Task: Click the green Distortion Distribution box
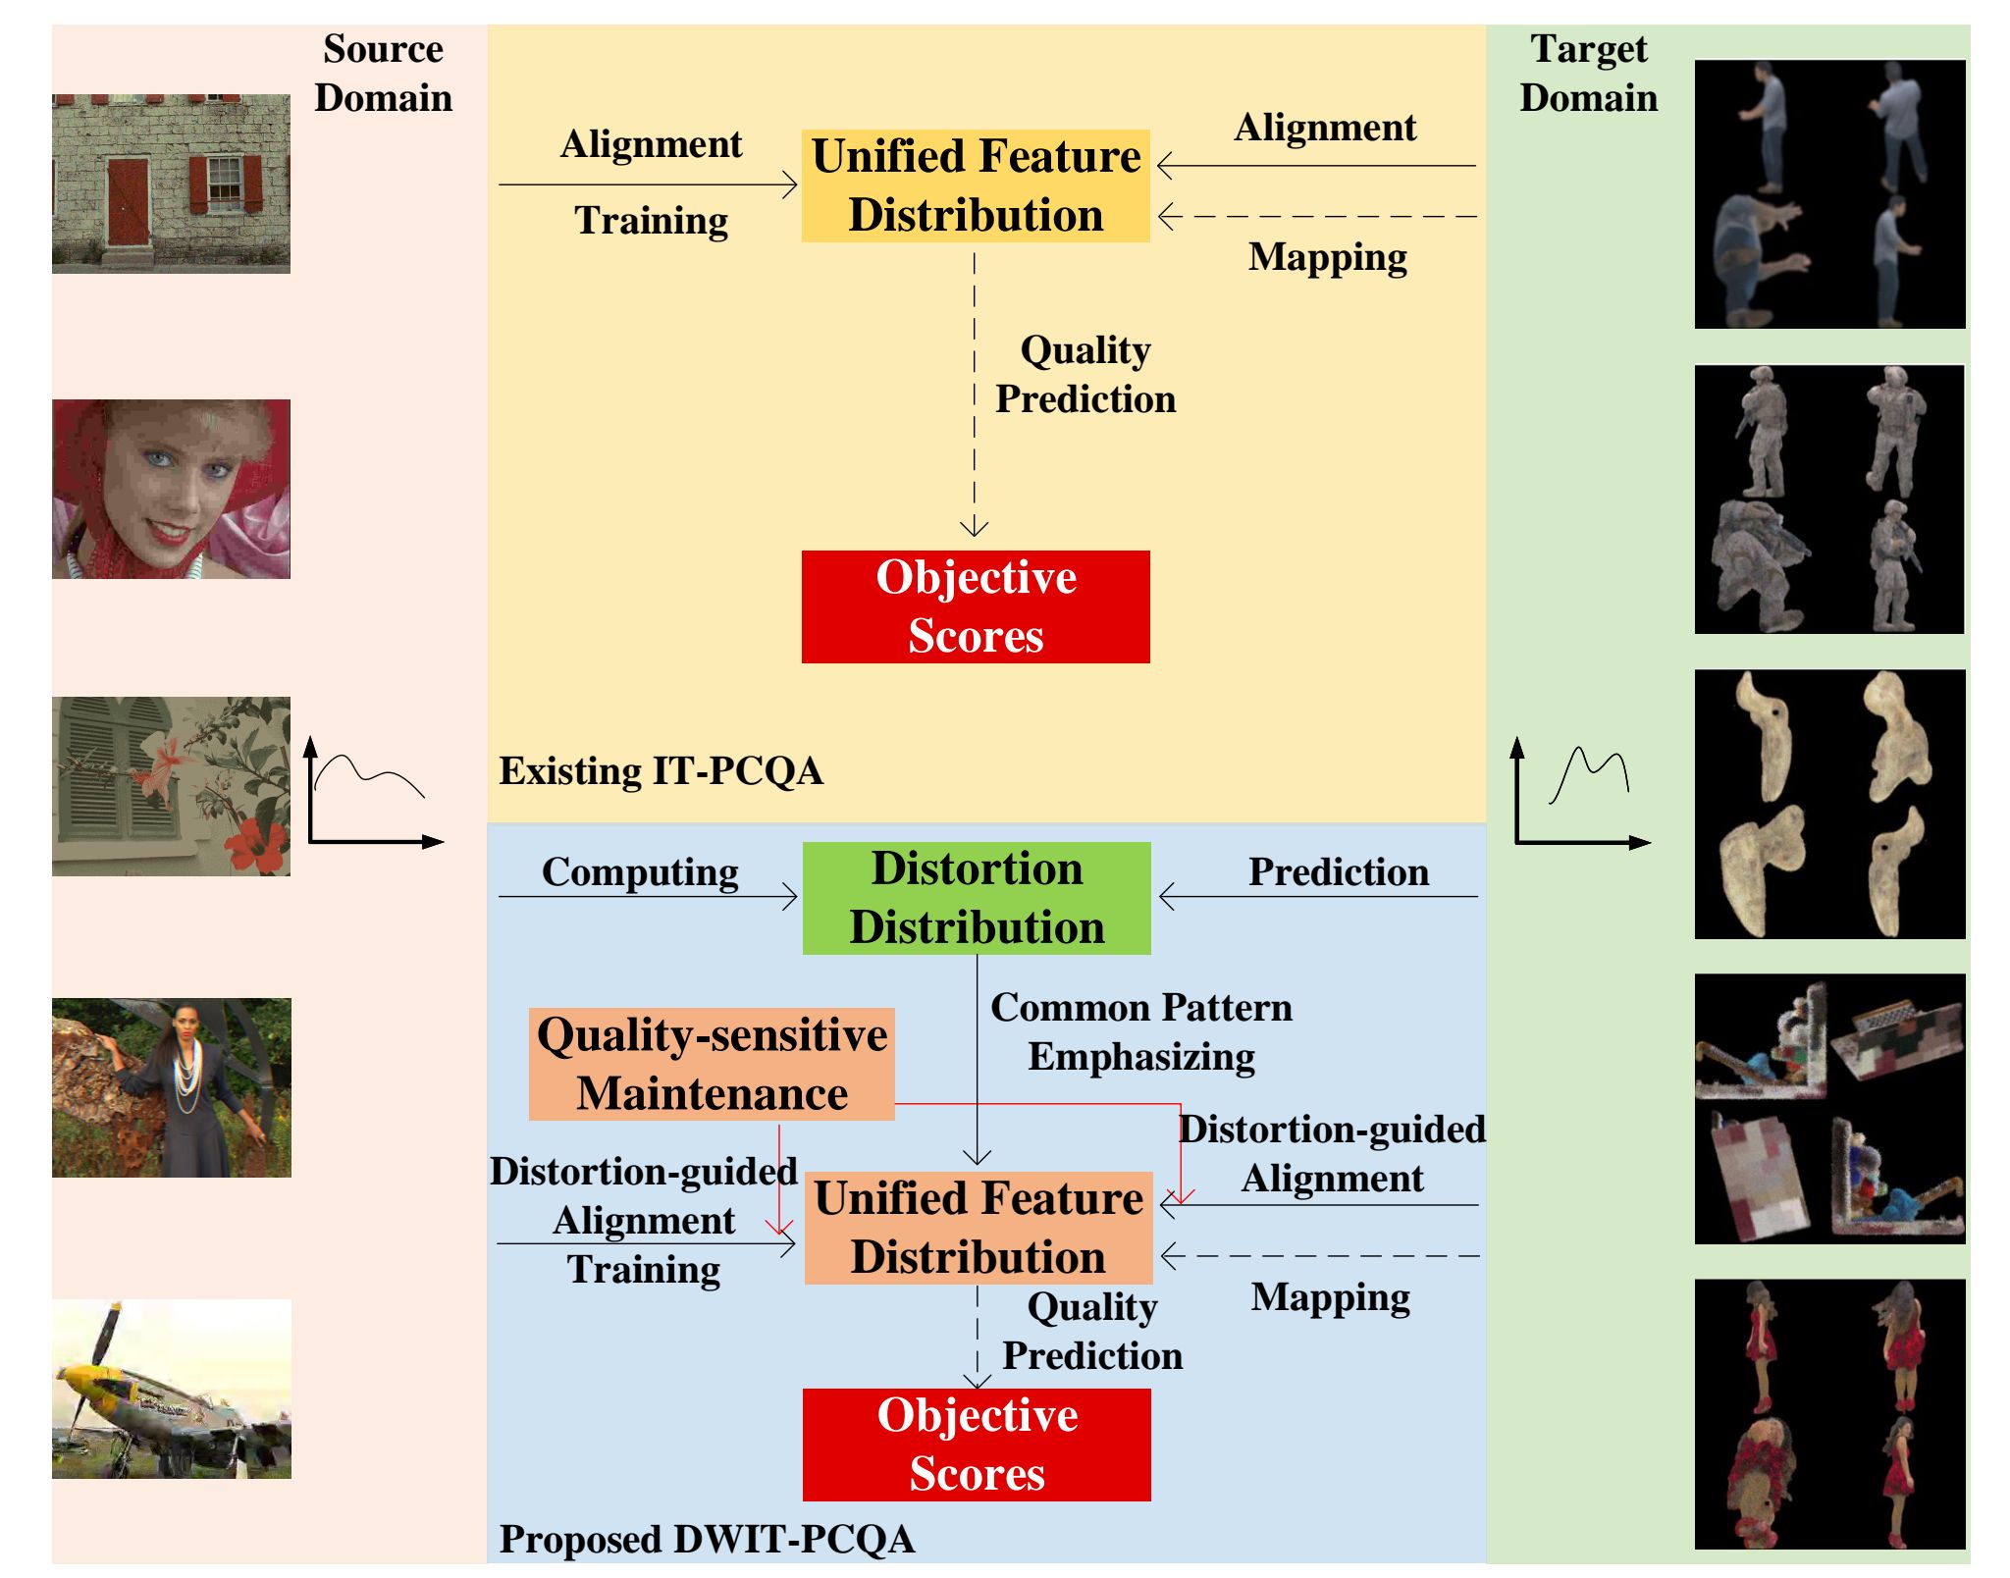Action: pyautogui.click(x=977, y=898)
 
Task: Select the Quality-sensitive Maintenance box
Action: pyautogui.click(x=712, y=1064)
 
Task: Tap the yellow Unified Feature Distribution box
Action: pyautogui.click(x=976, y=185)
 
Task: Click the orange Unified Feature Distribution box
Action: pyautogui.click(x=979, y=1228)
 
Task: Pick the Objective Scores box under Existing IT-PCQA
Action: pyautogui.click(x=976, y=606)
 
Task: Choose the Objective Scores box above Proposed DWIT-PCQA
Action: pyautogui.click(x=977, y=1445)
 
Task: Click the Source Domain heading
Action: pyautogui.click(x=384, y=74)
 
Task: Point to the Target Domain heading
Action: pyautogui.click(x=1589, y=74)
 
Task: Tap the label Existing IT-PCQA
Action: pyautogui.click(x=661, y=771)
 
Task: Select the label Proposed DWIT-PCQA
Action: pyautogui.click(x=708, y=1539)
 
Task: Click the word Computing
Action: pyautogui.click(x=641, y=871)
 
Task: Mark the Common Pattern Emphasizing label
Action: pyautogui.click(x=1141, y=1031)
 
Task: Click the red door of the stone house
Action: pyautogui.click(x=128, y=202)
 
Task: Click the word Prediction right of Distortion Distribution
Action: pyautogui.click(x=1339, y=871)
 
